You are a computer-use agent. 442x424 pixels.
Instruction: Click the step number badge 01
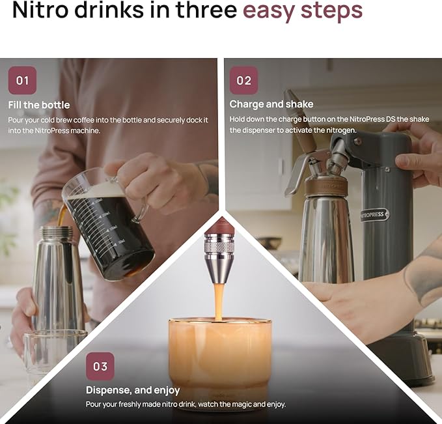click(x=22, y=81)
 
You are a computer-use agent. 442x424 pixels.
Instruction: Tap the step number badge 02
click(x=243, y=81)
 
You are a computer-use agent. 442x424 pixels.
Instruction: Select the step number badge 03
click(x=100, y=367)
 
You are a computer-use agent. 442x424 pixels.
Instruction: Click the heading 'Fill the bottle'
click(x=39, y=105)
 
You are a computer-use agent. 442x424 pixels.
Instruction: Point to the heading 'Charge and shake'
click(x=271, y=104)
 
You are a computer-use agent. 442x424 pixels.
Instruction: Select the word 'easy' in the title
click(x=269, y=11)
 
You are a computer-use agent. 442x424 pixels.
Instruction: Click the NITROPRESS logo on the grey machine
click(x=374, y=214)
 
